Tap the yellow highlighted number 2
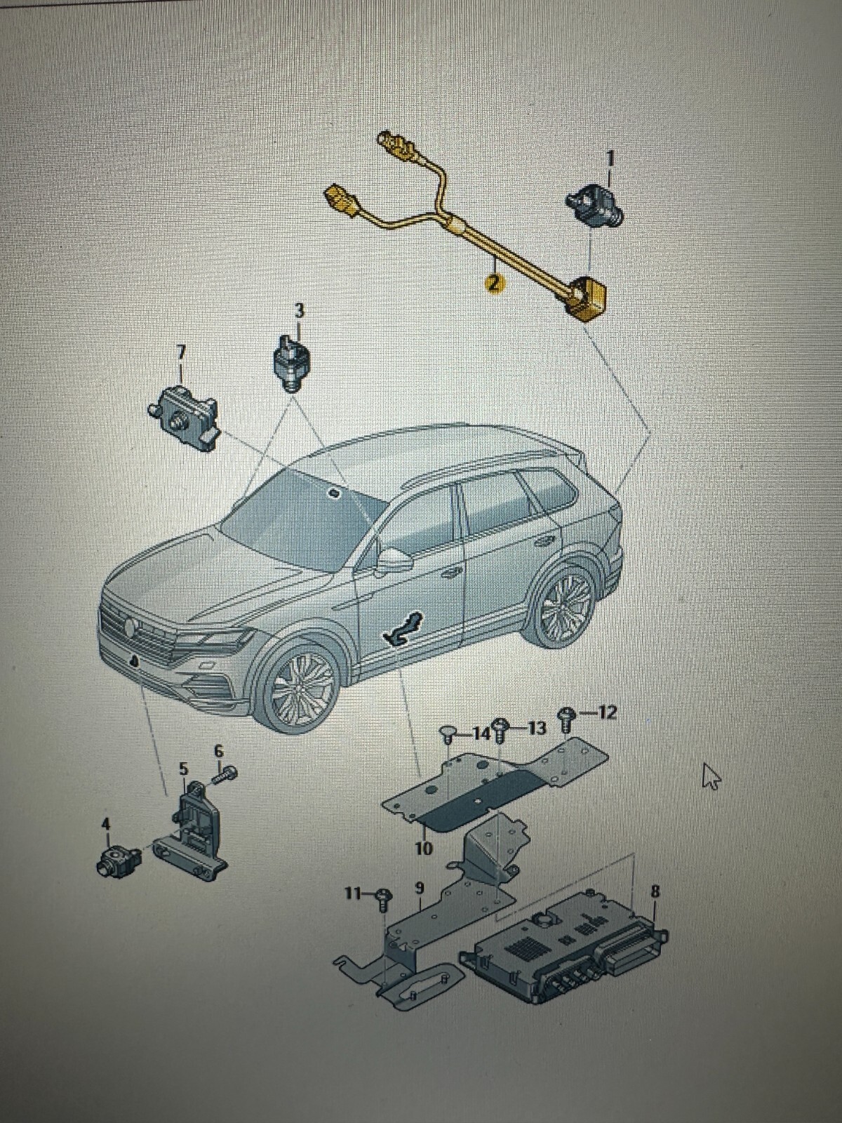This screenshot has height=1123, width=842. tap(493, 282)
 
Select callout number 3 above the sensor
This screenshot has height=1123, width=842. tap(299, 310)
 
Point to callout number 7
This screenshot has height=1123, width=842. tap(180, 352)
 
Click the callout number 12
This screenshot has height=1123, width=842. tap(606, 713)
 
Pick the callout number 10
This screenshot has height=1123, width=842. tap(424, 849)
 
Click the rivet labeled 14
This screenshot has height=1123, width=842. tap(448, 737)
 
